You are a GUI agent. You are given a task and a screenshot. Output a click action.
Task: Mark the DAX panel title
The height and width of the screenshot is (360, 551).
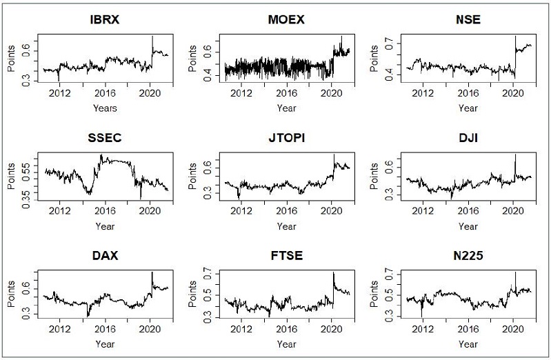(105, 255)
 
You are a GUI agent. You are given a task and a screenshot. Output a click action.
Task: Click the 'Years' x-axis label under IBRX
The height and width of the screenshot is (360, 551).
(105, 108)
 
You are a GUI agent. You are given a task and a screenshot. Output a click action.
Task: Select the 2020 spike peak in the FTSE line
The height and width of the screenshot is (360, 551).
(333, 272)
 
